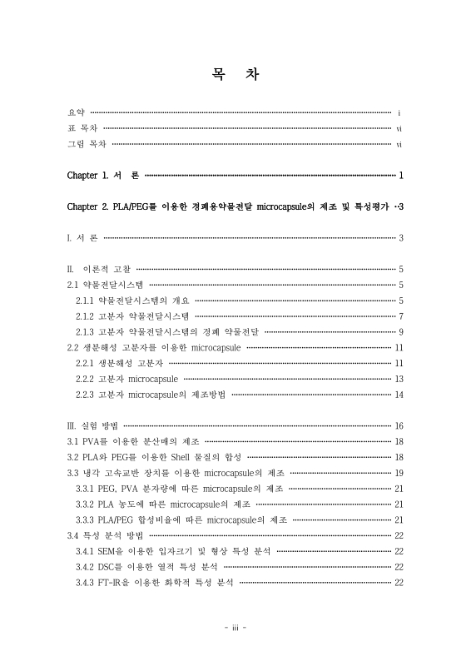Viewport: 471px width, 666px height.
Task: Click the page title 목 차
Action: coord(235,75)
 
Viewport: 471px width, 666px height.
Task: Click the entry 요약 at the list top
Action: coord(76,112)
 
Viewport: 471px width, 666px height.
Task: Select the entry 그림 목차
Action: coord(87,144)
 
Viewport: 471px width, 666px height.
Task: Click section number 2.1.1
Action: coord(85,301)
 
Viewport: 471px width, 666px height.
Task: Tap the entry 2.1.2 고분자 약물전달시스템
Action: coord(132,316)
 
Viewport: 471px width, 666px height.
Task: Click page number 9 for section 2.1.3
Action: coord(400,331)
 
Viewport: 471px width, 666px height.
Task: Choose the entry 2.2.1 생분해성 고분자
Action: coord(117,363)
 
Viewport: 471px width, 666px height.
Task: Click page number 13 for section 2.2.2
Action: coord(399,379)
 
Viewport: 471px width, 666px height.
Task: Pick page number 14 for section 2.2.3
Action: coord(399,395)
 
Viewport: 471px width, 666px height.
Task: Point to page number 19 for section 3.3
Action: coord(399,473)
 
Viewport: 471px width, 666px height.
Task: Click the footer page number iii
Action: coord(235,628)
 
